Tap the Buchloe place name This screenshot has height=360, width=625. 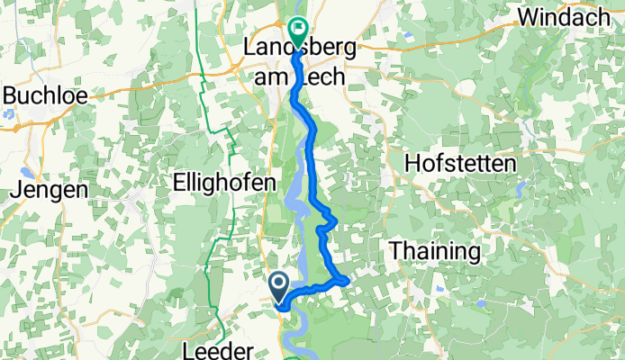click(42, 95)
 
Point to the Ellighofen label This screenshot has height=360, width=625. click(223, 182)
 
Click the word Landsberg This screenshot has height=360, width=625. click(303, 50)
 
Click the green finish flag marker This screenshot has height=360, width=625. click(297, 31)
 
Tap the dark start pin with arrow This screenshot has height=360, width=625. click(279, 287)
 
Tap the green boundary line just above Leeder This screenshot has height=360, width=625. click(220, 319)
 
